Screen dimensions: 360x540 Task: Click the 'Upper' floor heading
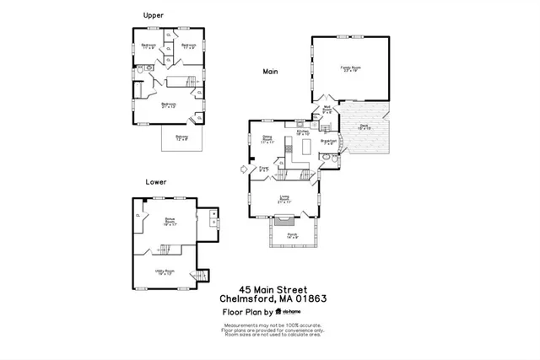(154, 15)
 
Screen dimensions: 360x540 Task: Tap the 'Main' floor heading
(270, 72)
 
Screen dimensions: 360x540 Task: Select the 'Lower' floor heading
(156, 181)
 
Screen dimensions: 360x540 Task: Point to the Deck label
(364, 127)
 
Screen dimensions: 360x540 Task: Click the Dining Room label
(268, 139)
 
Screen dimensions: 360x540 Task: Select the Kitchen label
(303, 132)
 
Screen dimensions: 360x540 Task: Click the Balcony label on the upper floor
(182, 137)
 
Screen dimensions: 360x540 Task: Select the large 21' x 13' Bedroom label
(169, 105)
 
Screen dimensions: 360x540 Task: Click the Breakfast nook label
(329, 142)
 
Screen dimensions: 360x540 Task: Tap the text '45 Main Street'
(273, 287)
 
